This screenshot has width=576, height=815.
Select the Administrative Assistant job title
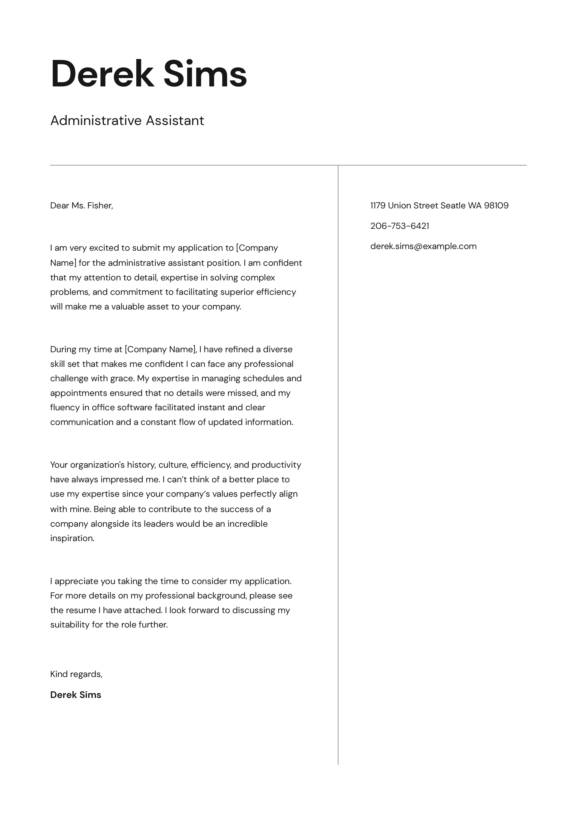tap(127, 121)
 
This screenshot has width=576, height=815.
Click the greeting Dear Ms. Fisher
tap(82, 206)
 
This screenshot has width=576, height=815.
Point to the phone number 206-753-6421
tap(400, 226)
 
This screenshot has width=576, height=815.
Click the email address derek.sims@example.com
tap(423, 246)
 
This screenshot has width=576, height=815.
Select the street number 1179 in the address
tap(378, 206)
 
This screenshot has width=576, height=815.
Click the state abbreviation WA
tap(474, 206)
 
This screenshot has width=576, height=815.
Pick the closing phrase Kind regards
tap(76, 674)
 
